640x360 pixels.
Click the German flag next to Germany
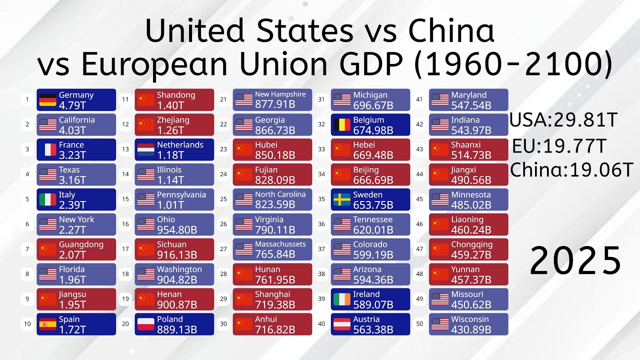48,100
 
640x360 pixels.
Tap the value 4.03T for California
72,130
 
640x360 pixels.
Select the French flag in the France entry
48,150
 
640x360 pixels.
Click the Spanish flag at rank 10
48,324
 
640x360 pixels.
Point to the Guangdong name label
81,244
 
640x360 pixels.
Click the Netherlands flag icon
146,150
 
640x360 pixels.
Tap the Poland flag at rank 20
146,324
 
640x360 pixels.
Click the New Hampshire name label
280,94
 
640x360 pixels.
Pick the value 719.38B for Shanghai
275,305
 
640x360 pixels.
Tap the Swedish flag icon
342,199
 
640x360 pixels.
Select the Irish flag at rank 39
342,299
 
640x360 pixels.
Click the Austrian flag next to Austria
342,324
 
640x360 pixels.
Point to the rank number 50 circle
419,324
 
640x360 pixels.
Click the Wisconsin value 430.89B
471,330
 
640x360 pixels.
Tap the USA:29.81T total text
563,120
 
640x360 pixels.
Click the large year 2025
575,261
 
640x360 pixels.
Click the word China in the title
451,31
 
